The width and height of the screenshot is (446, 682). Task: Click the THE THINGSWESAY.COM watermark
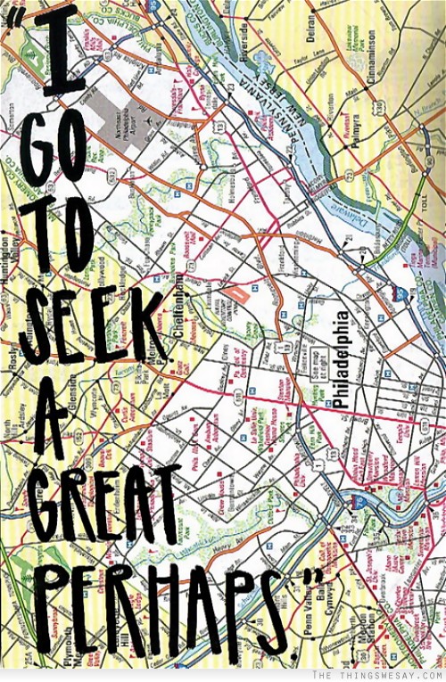392,676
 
